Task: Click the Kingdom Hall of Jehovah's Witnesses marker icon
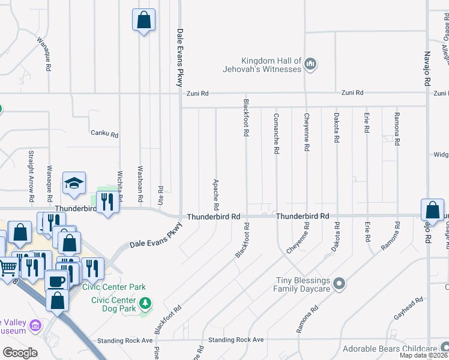point(310,64)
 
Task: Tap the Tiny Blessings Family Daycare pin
point(339,283)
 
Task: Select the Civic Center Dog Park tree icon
point(144,305)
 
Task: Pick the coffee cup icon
point(56,281)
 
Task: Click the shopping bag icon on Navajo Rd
point(432,210)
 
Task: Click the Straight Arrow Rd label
point(31,176)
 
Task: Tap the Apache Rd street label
point(215,194)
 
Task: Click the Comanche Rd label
point(276,133)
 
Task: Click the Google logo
point(20,353)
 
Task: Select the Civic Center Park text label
point(118,287)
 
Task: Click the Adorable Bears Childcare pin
point(444,347)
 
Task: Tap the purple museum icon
point(35,326)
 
